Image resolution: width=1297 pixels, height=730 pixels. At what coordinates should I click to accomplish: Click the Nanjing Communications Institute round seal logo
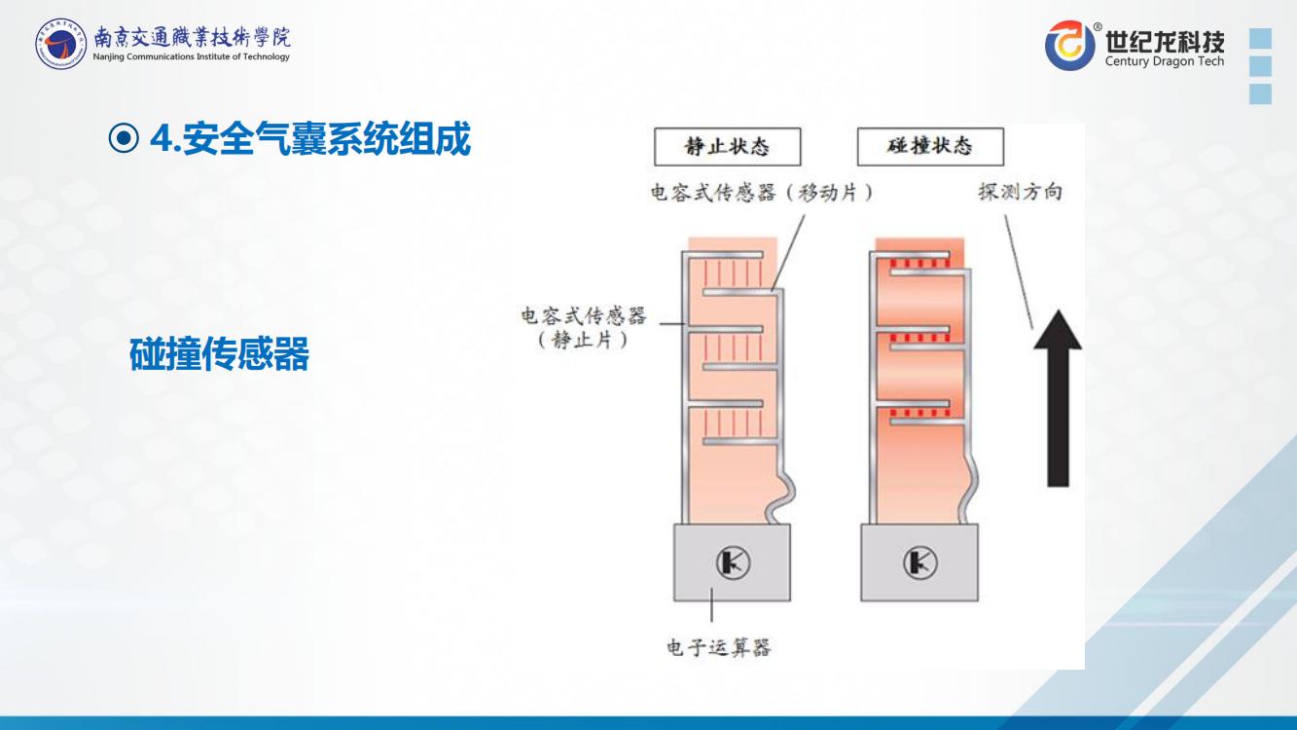[59, 46]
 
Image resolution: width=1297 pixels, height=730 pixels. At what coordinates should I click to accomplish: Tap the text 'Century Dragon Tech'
[1165, 61]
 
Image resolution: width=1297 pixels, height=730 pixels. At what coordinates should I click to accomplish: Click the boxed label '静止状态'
[727, 147]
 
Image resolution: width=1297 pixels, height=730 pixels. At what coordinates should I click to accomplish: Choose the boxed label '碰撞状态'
[930, 147]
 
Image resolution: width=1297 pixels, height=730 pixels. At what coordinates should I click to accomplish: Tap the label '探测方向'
[1019, 192]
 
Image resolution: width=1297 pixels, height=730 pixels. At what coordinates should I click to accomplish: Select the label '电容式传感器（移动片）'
[760, 193]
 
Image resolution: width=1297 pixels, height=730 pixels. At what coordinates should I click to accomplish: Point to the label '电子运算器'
[718, 647]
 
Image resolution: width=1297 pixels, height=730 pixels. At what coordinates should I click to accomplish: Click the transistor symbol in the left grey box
[732, 562]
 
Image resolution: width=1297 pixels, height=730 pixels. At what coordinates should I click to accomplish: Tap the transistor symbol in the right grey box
[919, 562]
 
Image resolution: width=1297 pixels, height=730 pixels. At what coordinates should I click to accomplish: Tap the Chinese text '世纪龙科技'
[1165, 41]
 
